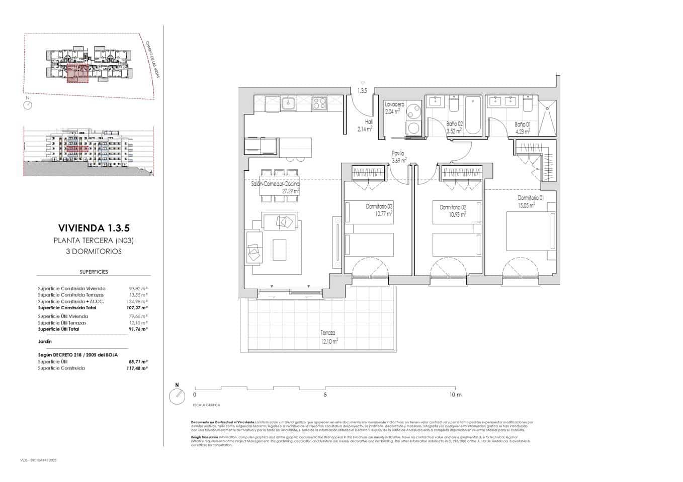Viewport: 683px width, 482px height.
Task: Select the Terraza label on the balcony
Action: [328, 333]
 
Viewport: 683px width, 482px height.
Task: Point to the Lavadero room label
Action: [394, 104]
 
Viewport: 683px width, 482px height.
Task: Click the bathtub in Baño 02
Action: [473, 115]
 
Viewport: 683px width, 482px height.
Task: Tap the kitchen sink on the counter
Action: [288, 103]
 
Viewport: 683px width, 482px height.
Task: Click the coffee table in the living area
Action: [280, 250]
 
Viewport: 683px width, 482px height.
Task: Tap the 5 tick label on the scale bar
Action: [325, 395]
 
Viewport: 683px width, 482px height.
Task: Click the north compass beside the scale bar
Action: [177, 397]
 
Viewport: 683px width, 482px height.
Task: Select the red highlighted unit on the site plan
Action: [77, 73]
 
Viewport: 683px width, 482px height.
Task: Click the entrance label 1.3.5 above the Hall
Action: [362, 91]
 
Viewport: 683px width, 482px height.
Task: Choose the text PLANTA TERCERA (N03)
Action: [94, 240]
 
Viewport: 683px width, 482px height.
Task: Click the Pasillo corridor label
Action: [398, 154]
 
